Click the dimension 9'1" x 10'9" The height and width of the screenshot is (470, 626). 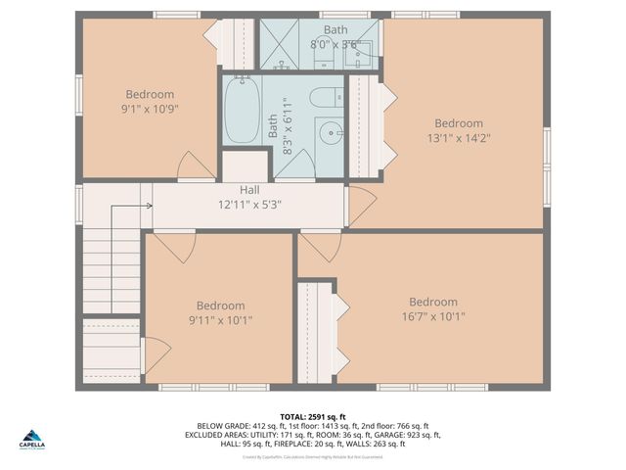[149, 109]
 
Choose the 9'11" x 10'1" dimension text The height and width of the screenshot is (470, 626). [220, 320]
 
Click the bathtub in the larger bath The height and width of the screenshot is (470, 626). [241, 113]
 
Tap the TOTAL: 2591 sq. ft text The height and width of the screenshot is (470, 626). [313, 416]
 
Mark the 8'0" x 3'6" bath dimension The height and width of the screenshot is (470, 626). [335, 44]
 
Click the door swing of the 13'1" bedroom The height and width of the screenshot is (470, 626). [361, 204]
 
